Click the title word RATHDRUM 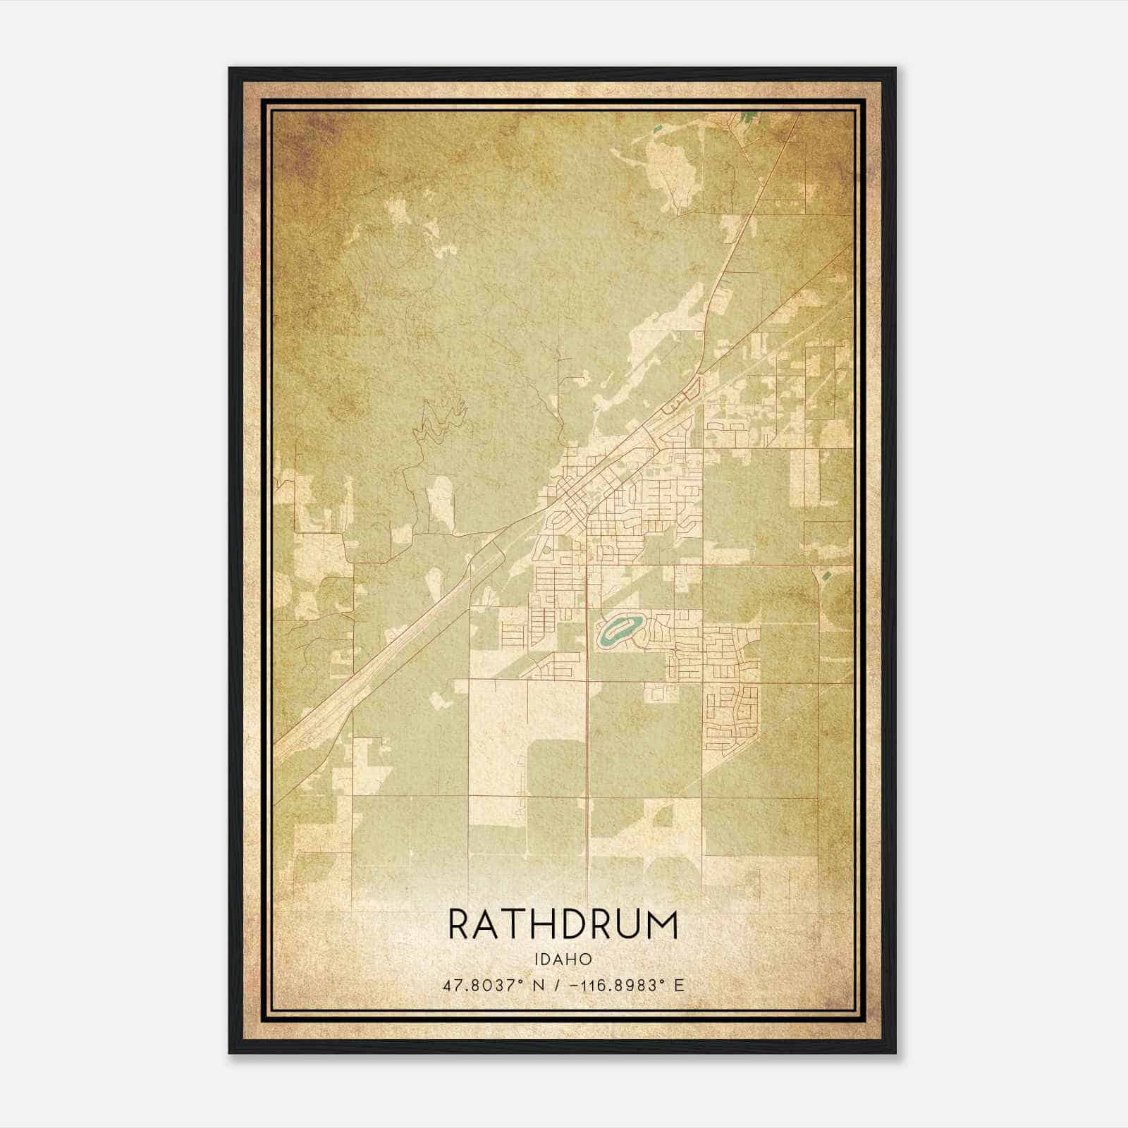(x=563, y=925)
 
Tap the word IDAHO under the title (x=563, y=960)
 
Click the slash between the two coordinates (x=558, y=985)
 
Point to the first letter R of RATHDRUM (x=459, y=925)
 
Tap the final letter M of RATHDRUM (x=663, y=925)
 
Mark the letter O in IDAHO (x=585, y=960)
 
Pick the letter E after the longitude (x=679, y=985)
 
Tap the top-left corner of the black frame (x=230, y=69)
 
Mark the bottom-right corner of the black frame (x=895, y=1052)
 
